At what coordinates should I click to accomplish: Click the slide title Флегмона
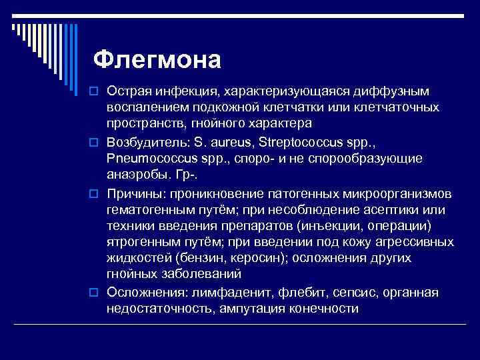157,59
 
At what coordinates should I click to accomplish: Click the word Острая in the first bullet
128,90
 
